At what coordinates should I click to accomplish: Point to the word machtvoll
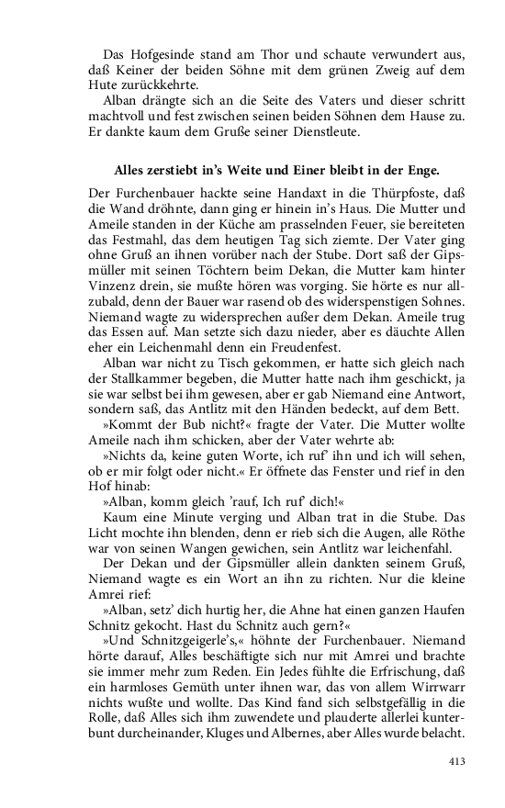(x=119, y=117)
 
